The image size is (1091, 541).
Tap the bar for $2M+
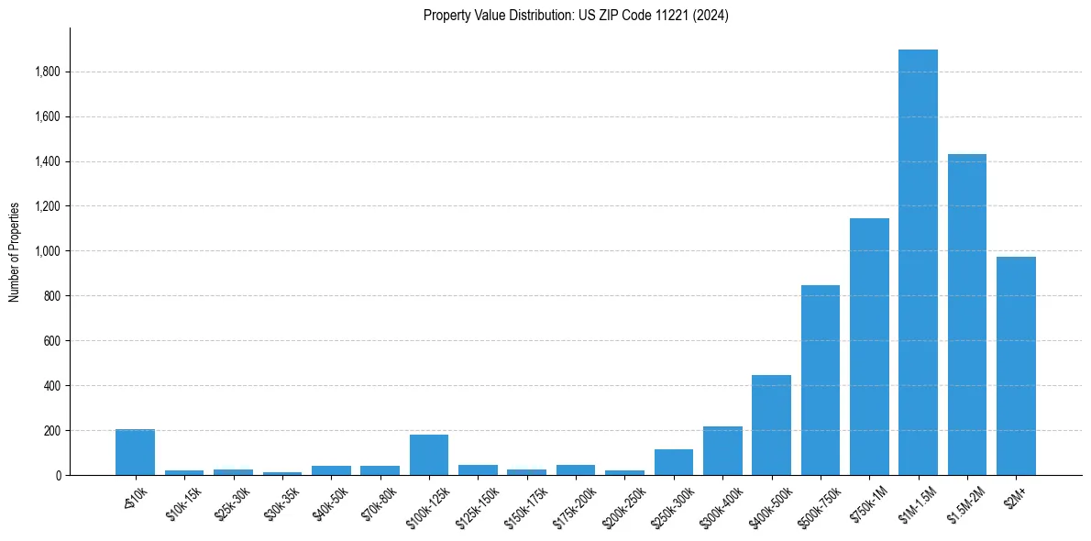tap(1016, 366)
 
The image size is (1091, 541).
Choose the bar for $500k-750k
tap(821, 381)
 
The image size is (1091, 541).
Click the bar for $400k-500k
tap(771, 425)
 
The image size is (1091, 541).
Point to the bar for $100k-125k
tap(429, 455)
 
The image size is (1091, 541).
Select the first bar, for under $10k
tap(135, 452)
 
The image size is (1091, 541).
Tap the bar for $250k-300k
tap(674, 462)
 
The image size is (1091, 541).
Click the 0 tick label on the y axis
tap(58, 476)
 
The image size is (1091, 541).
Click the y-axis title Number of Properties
tap(15, 251)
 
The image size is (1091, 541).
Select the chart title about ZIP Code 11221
tap(576, 16)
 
